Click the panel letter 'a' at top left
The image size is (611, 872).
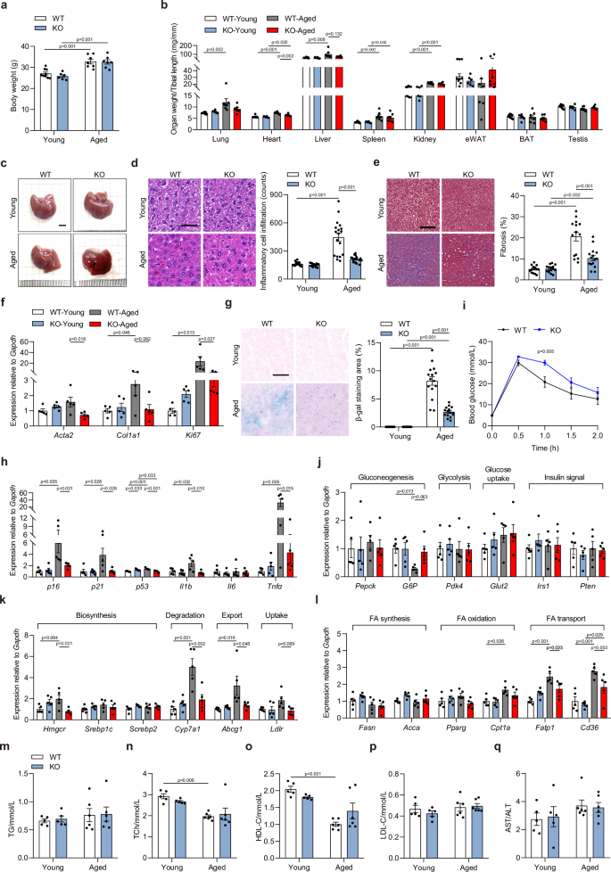5,6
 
